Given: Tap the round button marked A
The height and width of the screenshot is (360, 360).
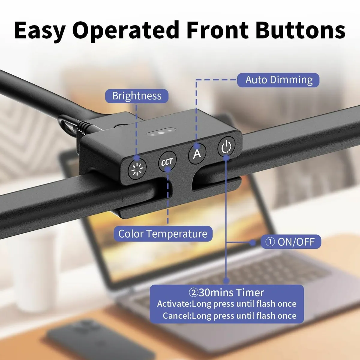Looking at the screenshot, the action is click(x=197, y=154).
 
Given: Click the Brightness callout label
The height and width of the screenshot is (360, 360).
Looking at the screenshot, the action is click(x=136, y=96).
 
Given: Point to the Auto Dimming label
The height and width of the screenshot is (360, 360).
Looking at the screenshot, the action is click(x=278, y=80).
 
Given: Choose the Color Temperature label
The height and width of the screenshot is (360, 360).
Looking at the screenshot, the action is click(x=163, y=234).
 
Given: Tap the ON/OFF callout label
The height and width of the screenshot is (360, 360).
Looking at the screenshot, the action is click(x=291, y=242).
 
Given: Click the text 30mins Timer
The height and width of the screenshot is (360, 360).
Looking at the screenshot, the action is click(x=231, y=292).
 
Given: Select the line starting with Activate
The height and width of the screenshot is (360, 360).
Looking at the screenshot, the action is click(x=226, y=304).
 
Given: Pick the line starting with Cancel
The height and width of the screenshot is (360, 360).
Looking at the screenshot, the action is click(x=229, y=316).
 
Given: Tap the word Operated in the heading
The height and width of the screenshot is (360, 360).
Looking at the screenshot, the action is click(x=126, y=31).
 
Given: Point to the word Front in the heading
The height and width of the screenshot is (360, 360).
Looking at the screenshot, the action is click(x=217, y=30).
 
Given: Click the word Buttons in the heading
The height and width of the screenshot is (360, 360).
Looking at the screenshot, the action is click(x=300, y=30).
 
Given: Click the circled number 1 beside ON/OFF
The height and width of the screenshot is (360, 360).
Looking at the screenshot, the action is click(x=270, y=242).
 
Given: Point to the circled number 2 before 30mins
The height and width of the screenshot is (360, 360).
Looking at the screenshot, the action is click(x=193, y=293).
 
